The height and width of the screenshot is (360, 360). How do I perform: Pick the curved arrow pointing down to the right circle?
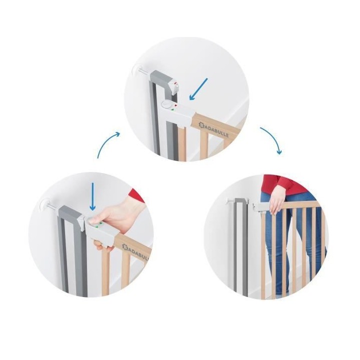[x=271, y=139]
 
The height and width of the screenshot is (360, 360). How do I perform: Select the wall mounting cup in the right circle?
[x=228, y=200]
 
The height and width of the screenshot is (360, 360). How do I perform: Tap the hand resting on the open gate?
[x=275, y=199]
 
